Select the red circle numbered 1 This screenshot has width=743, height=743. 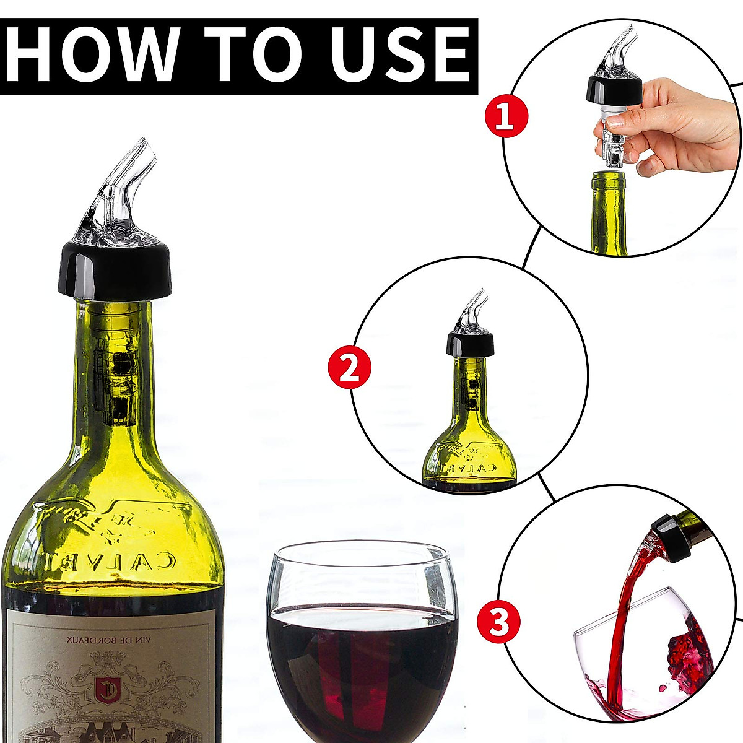506,115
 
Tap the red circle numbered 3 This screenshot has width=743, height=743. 499,621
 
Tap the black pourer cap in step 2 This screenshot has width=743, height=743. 471,344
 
